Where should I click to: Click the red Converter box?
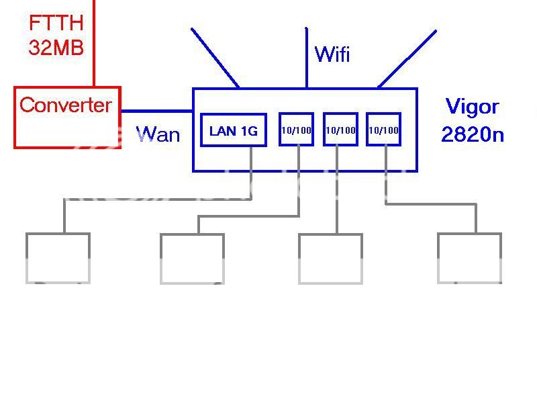[67, 118]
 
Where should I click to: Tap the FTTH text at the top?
[56, 23]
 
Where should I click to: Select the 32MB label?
[56, 47]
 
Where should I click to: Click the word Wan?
[158, 134]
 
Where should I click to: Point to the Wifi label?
[332, 54]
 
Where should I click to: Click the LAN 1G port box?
[234, 130]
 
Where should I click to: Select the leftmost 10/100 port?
[296, 130]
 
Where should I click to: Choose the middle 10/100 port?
[340, 130]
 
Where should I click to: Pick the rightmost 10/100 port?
[384, 130]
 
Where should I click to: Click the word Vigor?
[473, 107]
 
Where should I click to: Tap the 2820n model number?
[473, 134]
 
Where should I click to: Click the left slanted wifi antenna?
[215, 58]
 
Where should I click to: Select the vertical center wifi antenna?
[307, 58]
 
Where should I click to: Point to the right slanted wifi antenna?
[407, 58]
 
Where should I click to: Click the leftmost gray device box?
[58, 258]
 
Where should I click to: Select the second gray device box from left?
[192, 258]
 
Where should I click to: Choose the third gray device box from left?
[330, 258]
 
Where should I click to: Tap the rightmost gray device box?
[469, 258]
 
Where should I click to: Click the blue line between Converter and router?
[156, 111]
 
